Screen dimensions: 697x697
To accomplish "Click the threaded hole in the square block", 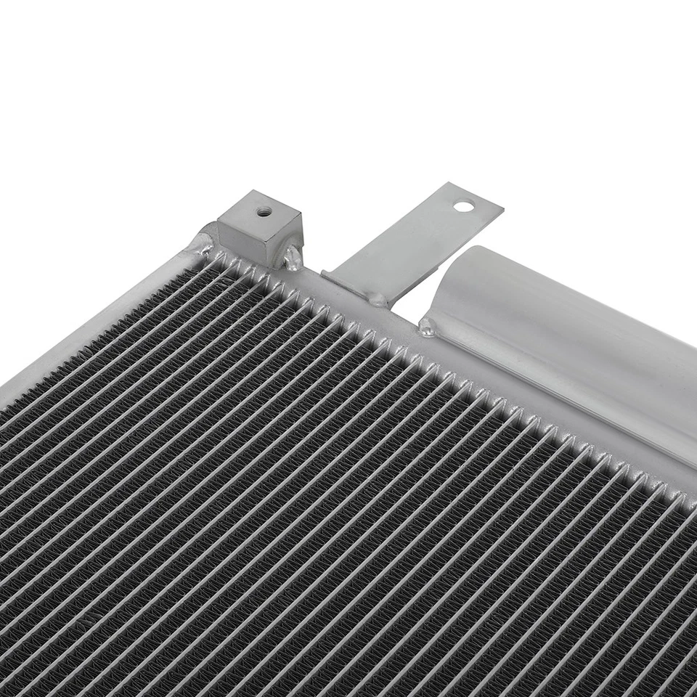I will [x=264, y=211].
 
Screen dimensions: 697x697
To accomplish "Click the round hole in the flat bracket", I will [x=462, y=205].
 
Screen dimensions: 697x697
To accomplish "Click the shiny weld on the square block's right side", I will [x=293, y=257].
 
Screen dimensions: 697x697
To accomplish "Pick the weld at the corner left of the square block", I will [x=201, y=245].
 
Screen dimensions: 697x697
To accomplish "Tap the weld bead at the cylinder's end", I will [x=427, y=329].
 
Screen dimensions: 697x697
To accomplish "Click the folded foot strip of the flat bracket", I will [x=348, y=283].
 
